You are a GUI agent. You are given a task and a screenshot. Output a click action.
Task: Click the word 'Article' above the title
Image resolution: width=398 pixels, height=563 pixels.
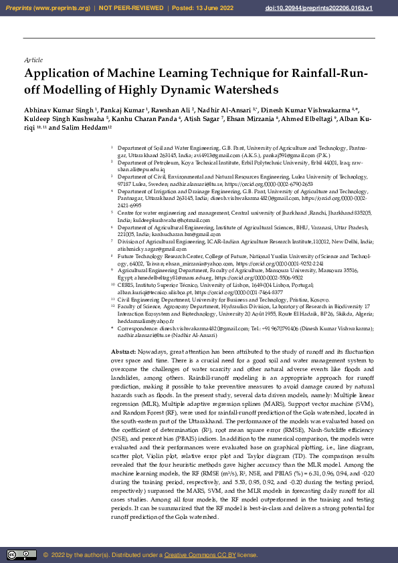(x=33, y=60)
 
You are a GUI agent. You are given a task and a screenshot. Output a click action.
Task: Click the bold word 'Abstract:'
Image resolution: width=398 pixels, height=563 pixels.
(x=123, y=352)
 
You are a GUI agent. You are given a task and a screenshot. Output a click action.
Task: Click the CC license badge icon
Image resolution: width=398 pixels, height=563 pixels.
(x=21, y=555)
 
